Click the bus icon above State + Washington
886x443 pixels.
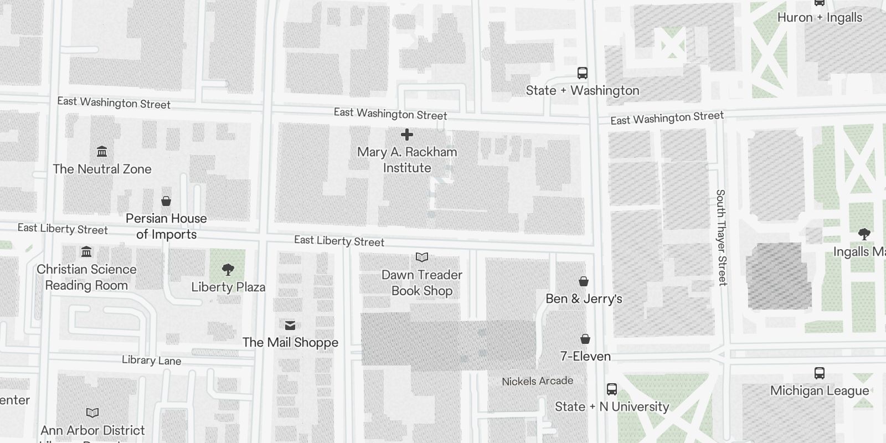pyautogui.click(x=582, y=73)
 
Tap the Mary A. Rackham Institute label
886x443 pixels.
pyautogui.click(x=407, y=159)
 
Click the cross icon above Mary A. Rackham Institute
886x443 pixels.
pyautogui.click(x=407, y=135)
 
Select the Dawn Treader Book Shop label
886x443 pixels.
pyautogui.click(x=422, y=282)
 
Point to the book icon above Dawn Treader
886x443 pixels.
pyautogui.click(x=422, y=257)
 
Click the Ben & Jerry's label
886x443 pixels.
pyautogui.click(x=584, y=298)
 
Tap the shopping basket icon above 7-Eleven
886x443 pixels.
pyautogui.click(x=585, y=338)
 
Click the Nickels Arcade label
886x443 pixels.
pyautogui.click(x=537, y=381)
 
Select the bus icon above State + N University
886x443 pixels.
pyautogui.click(x=611, y=389)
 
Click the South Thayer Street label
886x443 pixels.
pyautogui.click(x=721, y=238)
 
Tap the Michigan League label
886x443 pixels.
pyautogui.click(x=819, y=390)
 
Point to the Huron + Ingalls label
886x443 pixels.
pyautogui.click(x=820, y=18)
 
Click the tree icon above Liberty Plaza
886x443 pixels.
pyautogui.click(x=228, y=270)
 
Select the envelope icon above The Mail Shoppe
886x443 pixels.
pyautogui.click(x=290, y=325)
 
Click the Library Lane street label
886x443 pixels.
pyautogui.click(x=151, y=360)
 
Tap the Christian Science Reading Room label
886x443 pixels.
pyautogui.click(x=86, y=277)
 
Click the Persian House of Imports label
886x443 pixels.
pyautogui.click(x=166, y=226)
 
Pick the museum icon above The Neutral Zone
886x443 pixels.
pyautogui.click(x=102, y=151)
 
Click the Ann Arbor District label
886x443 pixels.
pyautogui.click(x=92, y=430)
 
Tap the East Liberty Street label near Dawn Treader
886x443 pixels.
pyautogui.click(x=339, y=241)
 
